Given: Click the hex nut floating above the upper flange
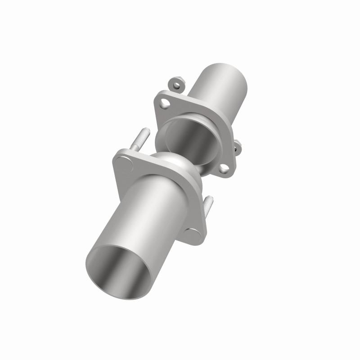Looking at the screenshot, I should pyautogui.click(x=178, y=84).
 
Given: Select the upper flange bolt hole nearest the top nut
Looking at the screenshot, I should pyautogui.click(x=166, y=103).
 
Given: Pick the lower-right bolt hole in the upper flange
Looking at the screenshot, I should pyautogui.click(x=224, y=169).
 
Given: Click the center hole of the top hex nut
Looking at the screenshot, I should pyautogui.click(x=178, y=84).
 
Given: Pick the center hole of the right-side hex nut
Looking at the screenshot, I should pyautogui.click(x=237, y=145).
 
